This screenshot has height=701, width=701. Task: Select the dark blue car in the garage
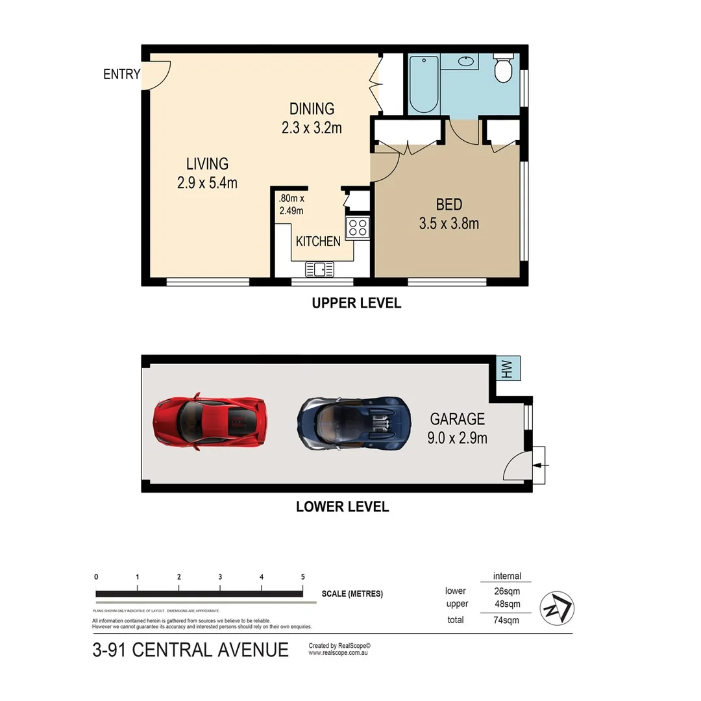click(x=354, y=423)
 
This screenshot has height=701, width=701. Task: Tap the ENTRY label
click(x=121, y=74)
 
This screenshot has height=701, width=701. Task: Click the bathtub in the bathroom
click(x=424, y=84)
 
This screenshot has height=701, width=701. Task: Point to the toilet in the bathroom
click(x=503, y=69)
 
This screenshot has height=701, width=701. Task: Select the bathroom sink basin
click(x=466, y=62)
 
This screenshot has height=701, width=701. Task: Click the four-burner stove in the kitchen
click(x=358, y=227)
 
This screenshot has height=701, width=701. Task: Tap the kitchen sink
click(x=319, y=268)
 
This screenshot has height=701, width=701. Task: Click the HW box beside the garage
click(x=507, y=369)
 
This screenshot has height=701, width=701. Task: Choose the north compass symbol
click(x=557, y=608)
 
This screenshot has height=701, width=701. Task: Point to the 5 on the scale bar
click(x=302, y=576)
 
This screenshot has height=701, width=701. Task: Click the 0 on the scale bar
click(x=96, y=576)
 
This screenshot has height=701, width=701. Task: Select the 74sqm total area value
click(x=506, y=620)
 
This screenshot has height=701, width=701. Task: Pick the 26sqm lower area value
click(x=506, y=591)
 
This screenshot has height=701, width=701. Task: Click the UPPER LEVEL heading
click(x=356, y=302)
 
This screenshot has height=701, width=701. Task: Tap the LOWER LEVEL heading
click(x=342, y=506)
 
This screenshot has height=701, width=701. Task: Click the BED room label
click(x=449, y=205)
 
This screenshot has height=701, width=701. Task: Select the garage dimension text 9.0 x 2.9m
click(x=457, y=438)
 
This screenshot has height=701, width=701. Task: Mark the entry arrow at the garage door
click(x=542, y=465)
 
